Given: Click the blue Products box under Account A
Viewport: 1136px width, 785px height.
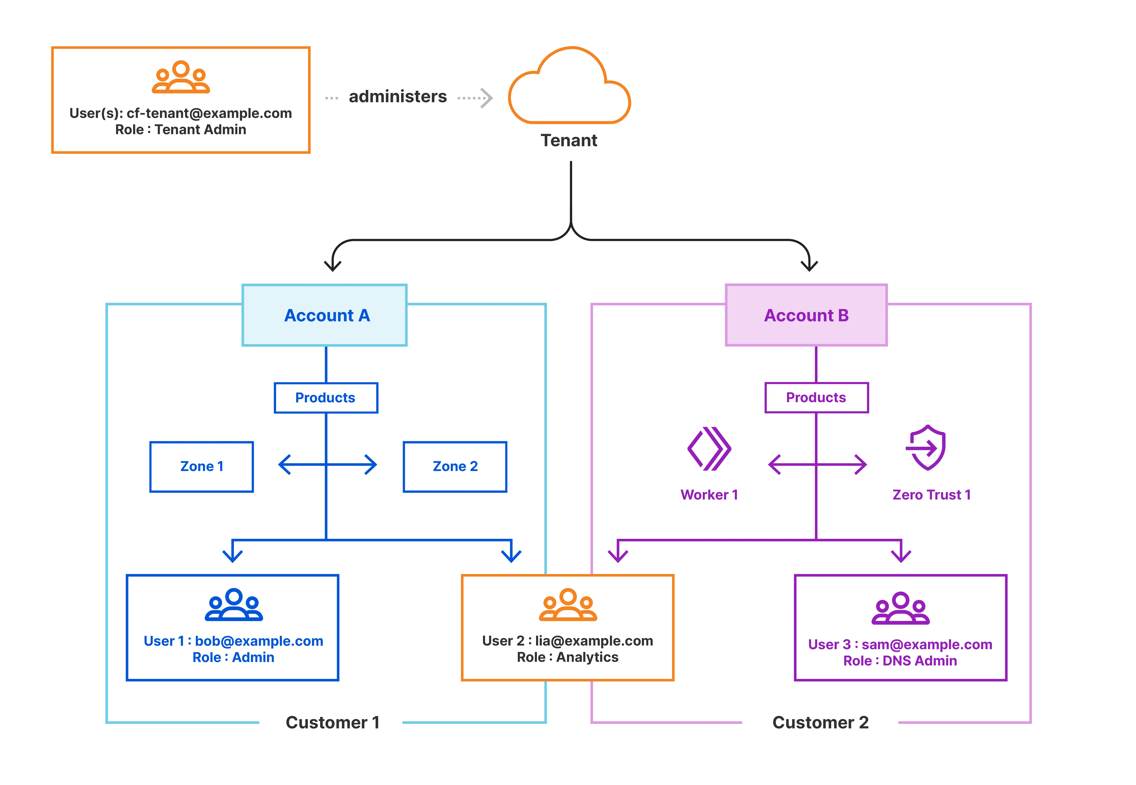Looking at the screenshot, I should [x=325, y=397].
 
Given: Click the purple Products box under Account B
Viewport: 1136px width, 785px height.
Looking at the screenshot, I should [x=816, y=397].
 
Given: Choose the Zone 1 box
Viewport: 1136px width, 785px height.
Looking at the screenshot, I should [x=201, y=466].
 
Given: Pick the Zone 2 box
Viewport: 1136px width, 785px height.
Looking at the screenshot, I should [x=455, y=466].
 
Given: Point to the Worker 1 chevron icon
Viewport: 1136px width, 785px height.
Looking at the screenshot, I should [x=709, y=449].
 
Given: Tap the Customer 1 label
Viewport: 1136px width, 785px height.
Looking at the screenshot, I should [x=332, y=722].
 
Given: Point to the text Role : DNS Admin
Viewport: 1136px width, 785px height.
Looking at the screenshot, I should [x=900, y=661].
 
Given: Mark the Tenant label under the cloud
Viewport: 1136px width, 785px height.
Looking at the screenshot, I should [x=569, y=141].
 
